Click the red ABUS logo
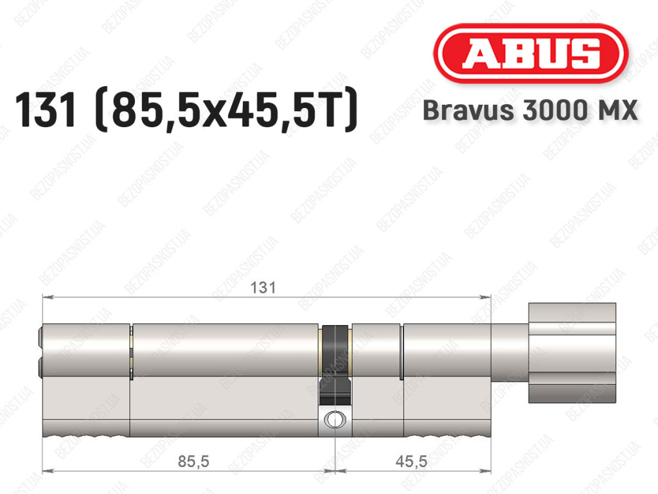click(530, 53)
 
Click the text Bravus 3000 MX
click(530, 110)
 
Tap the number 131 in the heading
click(46, 110)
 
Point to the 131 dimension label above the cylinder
click(263, 288)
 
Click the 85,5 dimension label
click(193, 461)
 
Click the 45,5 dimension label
click(411, 461)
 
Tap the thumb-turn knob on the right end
click(572, 353)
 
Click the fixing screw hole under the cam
click(335, 419)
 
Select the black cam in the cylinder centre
click(335, 364)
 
